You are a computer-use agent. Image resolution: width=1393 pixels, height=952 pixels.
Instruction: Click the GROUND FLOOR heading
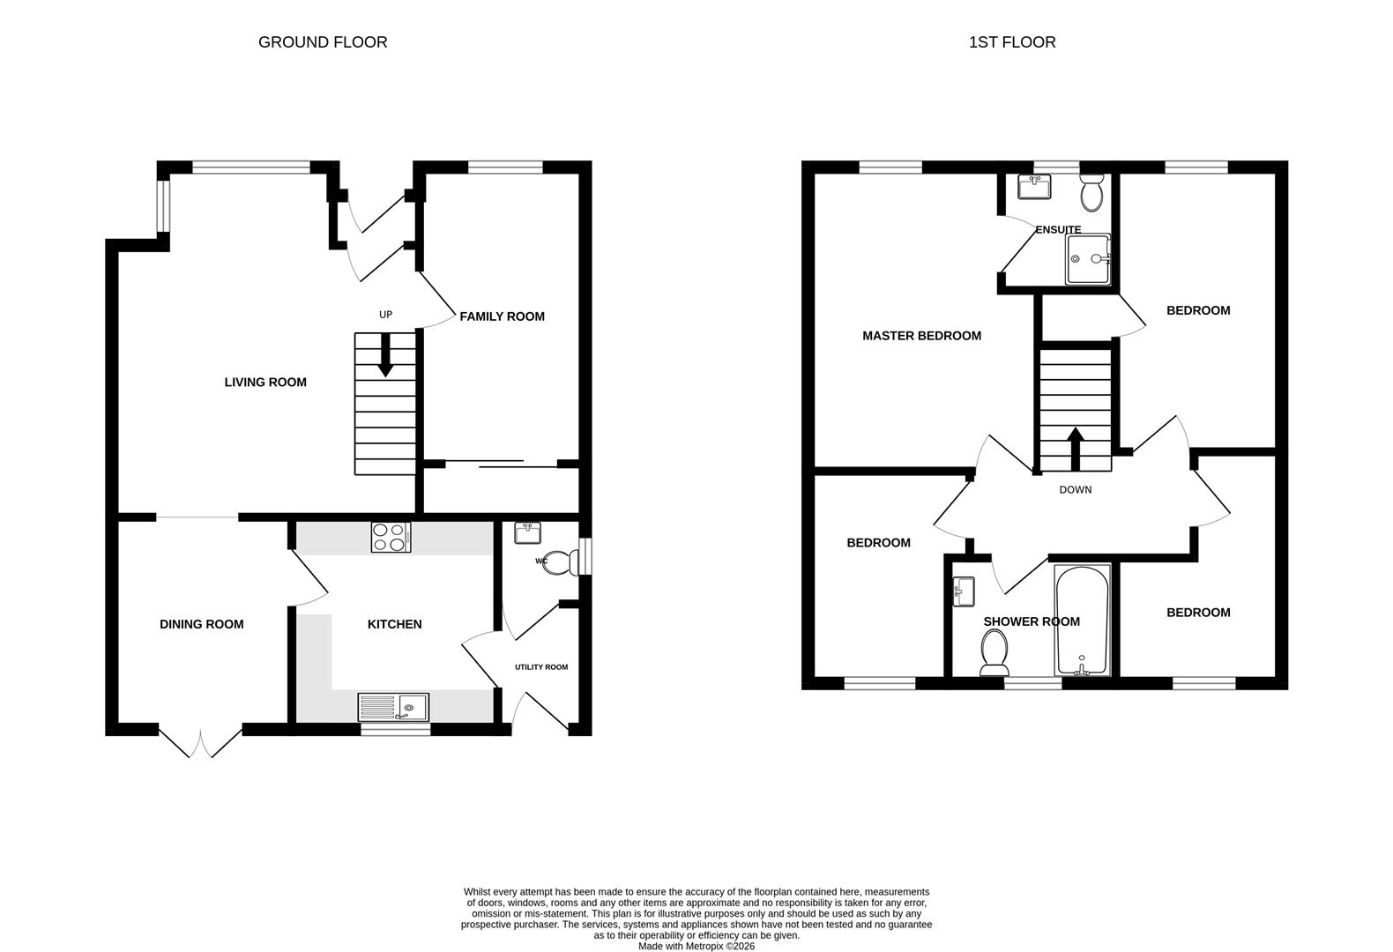point(323,42)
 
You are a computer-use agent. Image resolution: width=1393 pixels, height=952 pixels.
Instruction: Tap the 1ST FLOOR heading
point(1012,42)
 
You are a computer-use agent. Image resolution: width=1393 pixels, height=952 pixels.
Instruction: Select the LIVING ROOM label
point(265,383)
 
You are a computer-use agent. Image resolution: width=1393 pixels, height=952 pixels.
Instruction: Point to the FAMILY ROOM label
point(502,316)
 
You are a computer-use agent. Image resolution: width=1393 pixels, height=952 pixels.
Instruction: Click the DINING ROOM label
point(202,624)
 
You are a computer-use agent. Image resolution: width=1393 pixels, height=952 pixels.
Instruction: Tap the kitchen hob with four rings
point(391,537)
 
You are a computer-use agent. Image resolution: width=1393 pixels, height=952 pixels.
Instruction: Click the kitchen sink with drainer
point(393,707)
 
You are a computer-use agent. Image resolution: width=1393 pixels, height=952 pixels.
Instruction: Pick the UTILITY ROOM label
point(541,667)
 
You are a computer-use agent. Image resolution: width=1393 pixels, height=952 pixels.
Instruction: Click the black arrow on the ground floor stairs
point(385,355)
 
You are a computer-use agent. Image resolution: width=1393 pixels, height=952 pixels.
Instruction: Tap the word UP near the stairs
point(385,315)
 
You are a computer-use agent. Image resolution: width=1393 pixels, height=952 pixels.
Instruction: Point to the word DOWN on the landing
point(1076,490)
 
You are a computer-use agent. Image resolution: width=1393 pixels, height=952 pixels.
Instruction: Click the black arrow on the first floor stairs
point(1076,449)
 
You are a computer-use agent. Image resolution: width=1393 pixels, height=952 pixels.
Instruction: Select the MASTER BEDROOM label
point(921,336)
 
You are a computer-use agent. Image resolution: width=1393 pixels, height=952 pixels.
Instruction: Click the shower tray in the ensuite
point(1088,259)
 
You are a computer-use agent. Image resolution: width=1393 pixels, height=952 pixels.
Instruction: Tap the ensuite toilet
point(1091,193)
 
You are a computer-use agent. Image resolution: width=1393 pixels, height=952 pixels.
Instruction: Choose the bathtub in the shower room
point(1083,621)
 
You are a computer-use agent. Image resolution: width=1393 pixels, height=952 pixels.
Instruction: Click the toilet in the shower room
point(994,652)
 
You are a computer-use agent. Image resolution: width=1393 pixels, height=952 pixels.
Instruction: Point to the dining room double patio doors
point(200,741)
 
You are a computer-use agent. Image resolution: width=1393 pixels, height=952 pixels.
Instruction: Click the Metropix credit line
point(696,947)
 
